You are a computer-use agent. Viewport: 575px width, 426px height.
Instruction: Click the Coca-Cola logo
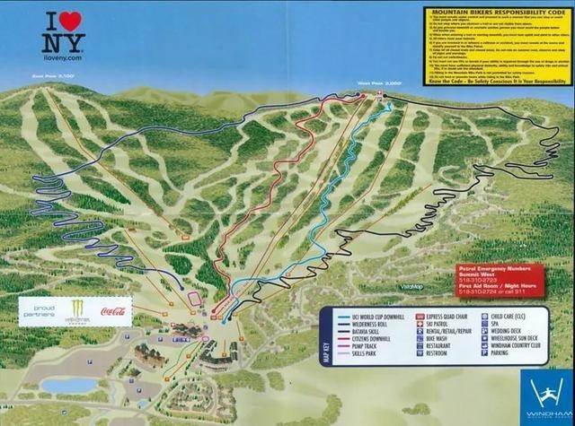click(116, 313)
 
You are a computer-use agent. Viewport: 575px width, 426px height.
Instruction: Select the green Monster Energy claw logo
click(78, 311)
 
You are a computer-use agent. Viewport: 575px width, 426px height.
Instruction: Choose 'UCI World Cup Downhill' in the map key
click(369, 317)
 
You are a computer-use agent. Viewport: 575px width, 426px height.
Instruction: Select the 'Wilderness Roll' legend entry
click(364, 325)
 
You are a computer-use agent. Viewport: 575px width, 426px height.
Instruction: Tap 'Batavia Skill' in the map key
click(359, 333)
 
